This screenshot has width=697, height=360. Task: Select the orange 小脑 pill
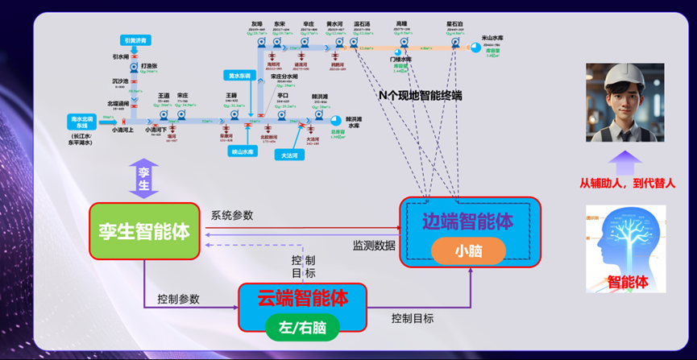pyautogui.click(x=468, y=251)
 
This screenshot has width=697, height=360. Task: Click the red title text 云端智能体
pyautogui.click(x=303, y=298)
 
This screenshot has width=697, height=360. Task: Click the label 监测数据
pyautogui.click(x=374, y=245)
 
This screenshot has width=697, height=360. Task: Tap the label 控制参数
pyautogui.click(x=179, y=299)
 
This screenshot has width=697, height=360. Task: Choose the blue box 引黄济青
pyautogui.click(x=131, y=39)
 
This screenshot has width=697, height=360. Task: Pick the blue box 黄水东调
pyautogui.click(x=238, y=76)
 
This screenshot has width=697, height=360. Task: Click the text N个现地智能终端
pyautogui.click(x=420, y=94)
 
